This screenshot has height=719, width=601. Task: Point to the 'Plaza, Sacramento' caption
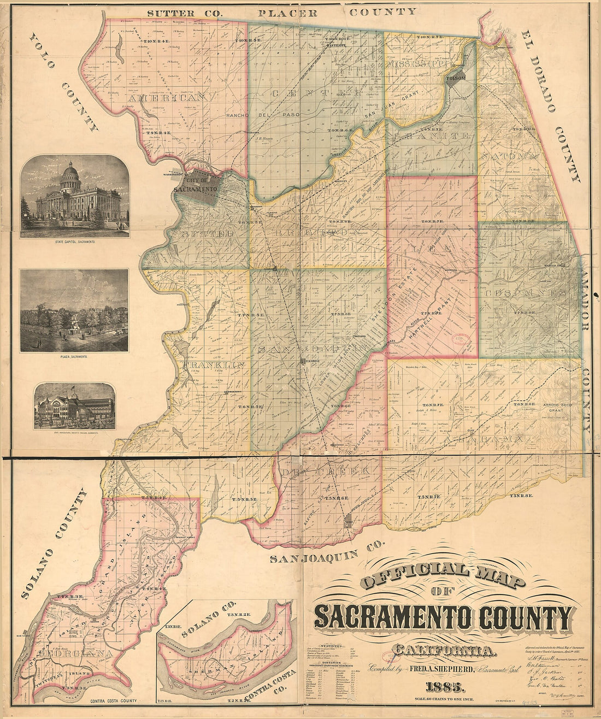coord(74,356)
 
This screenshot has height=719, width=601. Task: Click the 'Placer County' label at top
coord(337,11)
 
